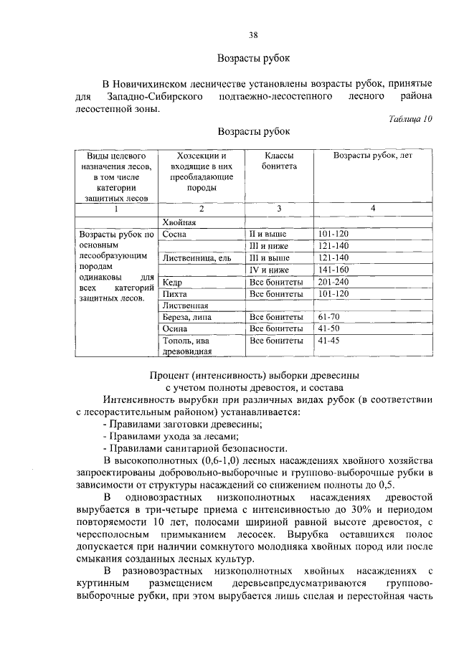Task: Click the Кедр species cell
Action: click(x=173, y=282)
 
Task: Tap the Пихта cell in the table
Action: click(x=175, y=293)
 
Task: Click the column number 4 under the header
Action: click(x=372, y=208)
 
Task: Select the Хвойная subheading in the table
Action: click(x=179, y=222)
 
